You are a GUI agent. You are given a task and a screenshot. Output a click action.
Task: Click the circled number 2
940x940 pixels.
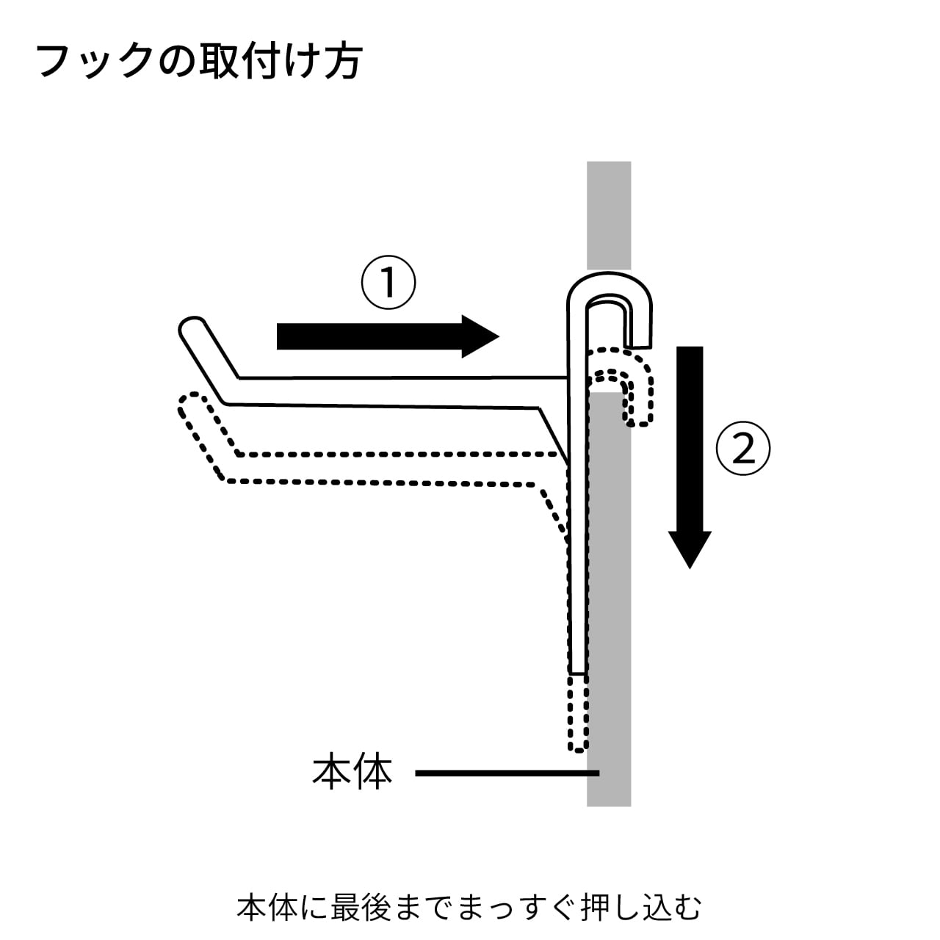tap(743, 449)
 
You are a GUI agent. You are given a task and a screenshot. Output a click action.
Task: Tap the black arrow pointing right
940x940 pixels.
tap(387, 336)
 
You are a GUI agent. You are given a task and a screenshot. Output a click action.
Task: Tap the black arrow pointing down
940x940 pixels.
tap(690, 455)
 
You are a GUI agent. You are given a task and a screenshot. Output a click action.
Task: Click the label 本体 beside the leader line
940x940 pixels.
tap(352, 773)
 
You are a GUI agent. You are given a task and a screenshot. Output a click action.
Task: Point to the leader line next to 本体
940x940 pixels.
tap(507, 773)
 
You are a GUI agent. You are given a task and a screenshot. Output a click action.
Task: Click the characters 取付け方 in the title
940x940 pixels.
tap(278, 60)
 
